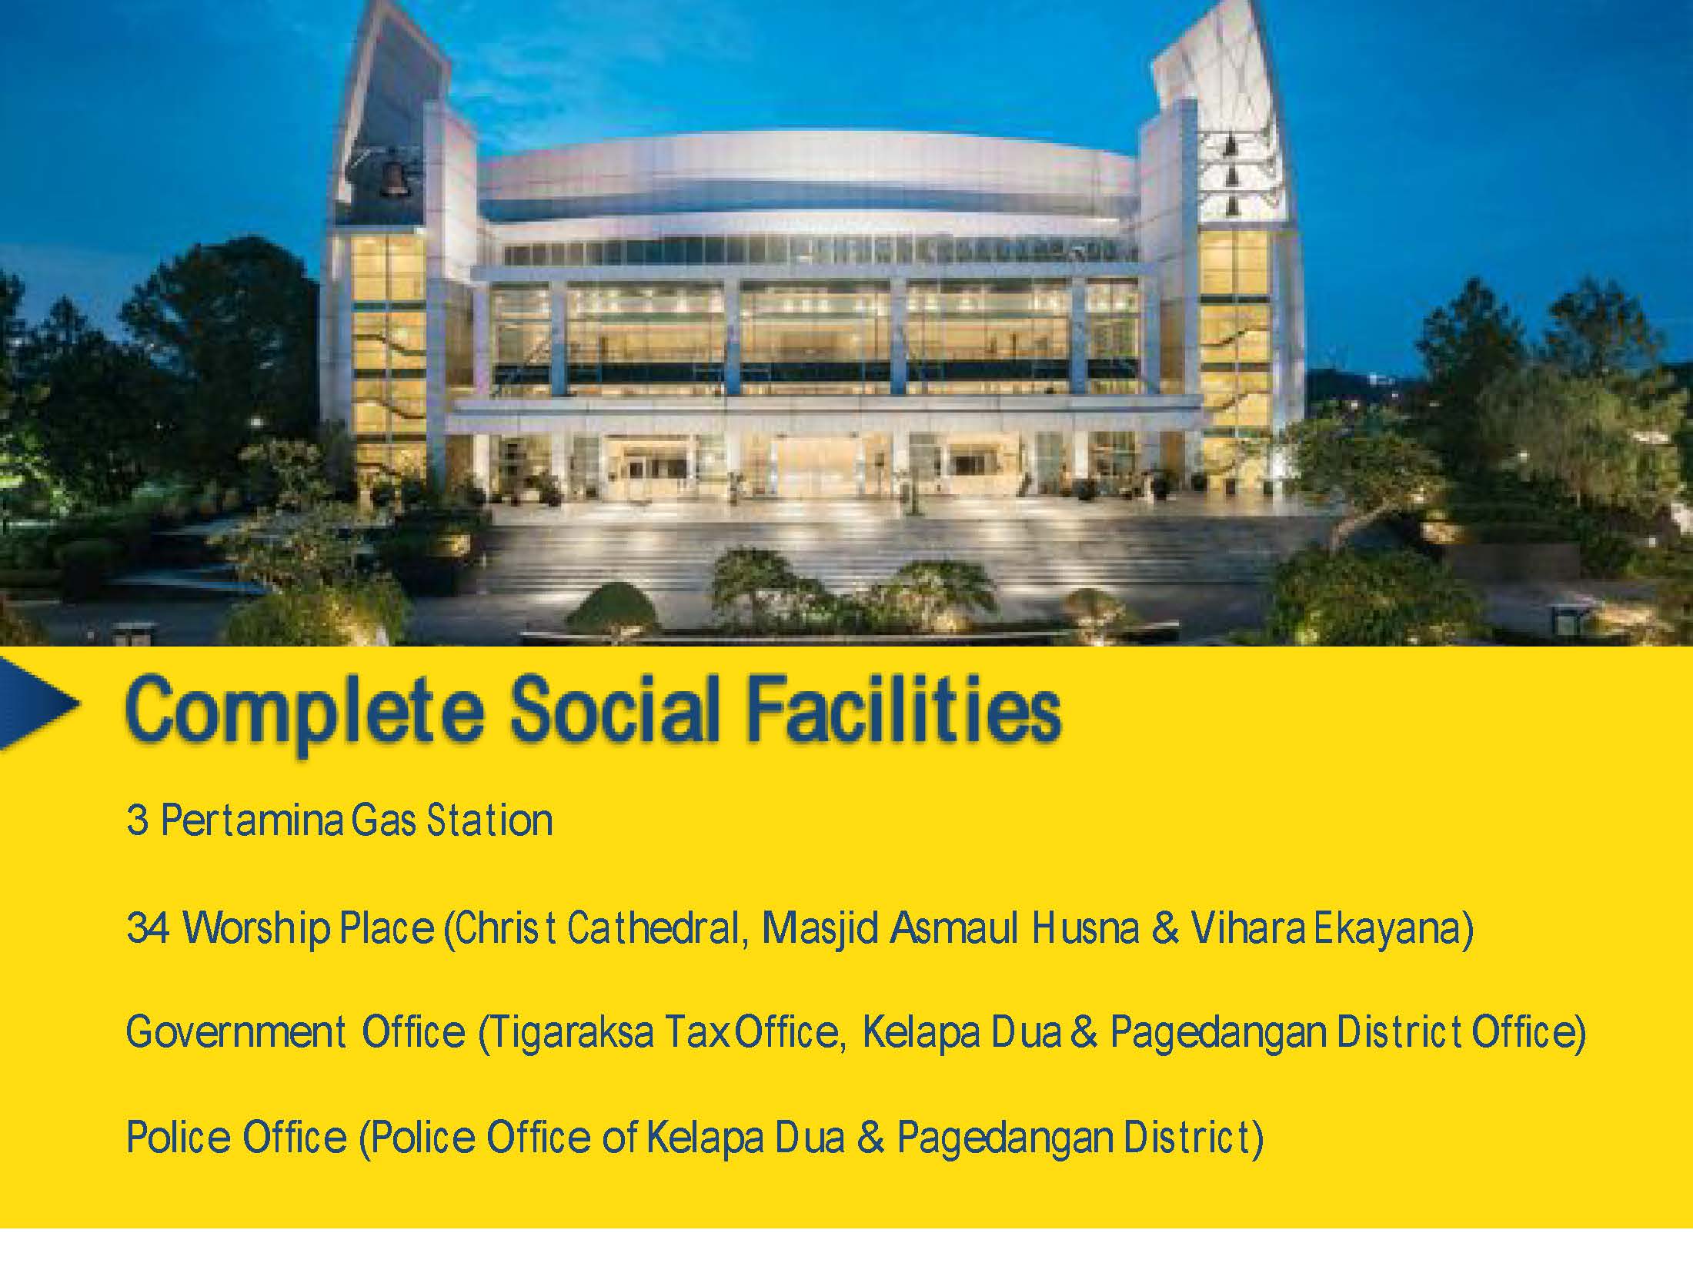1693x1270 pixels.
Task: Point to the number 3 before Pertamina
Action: [137, 820]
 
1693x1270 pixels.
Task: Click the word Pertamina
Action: [252, 820]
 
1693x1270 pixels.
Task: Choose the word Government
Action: [236, 1031]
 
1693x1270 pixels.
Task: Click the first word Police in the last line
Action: [178, 1138]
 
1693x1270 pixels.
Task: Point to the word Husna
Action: [1086, 928]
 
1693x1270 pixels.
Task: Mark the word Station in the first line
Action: [489, 820]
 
